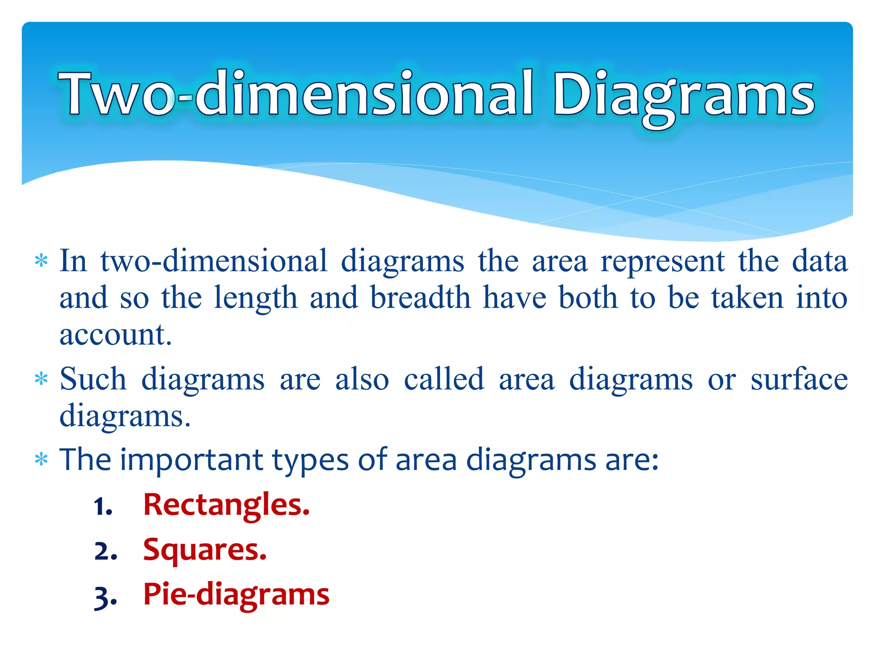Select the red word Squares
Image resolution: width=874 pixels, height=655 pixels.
(205, 551)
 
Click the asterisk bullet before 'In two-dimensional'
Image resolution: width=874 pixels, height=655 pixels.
(41, 261)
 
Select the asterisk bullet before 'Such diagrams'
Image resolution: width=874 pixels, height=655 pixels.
(41, 379)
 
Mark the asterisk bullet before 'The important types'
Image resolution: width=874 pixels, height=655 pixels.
(41, 460)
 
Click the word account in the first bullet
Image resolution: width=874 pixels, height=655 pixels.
(115, 335)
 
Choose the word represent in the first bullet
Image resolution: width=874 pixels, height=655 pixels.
(662, 261)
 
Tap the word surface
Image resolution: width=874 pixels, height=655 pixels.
(799, 379)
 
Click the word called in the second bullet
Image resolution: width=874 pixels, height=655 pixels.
(444, 379)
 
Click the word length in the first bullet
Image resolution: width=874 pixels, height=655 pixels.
(255, 299)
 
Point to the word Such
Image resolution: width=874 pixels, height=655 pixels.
(93, 379)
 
